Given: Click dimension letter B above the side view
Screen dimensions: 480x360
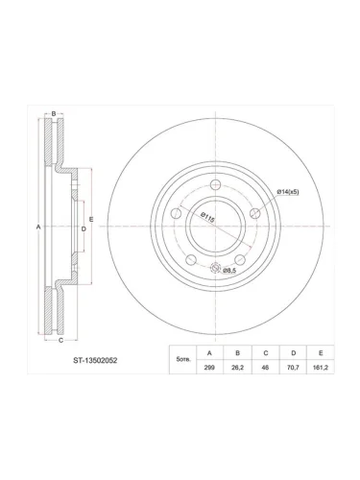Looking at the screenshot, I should (x=54, y=114).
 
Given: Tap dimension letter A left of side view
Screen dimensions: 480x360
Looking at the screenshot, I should (x=38, y=227).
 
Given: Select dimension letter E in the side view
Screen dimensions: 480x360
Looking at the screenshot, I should (x=92, y=220).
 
